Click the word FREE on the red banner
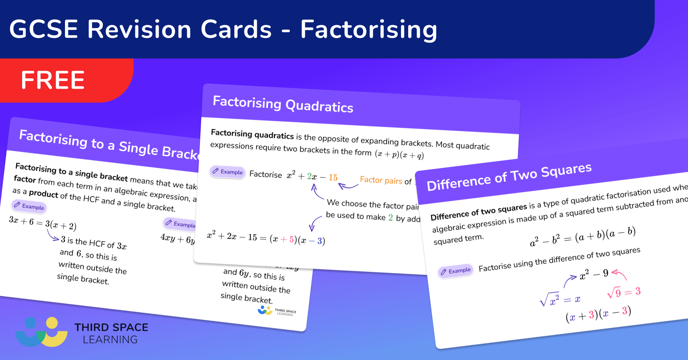pos(53,80)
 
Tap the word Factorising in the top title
pos(368,30)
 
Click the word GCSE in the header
pos(44,29)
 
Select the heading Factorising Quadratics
pos(283,104)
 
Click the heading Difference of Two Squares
pos(509,177)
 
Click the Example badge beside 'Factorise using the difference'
pos(456,271)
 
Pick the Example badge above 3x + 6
pos(29,206)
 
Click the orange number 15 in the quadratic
pos(333,178)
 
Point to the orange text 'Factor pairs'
pos(381,180)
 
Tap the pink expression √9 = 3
pos(624,292)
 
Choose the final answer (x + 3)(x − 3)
pos(598,314)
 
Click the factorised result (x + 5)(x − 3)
pos(297,240)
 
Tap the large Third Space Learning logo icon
pos(41,331)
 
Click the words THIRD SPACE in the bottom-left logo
pos(111,328)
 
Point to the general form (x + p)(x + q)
pos(399,154)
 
